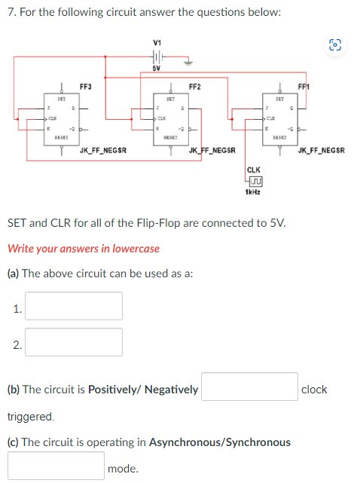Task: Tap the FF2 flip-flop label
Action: [x=194, y=87]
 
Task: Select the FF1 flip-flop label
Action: [x=306, y=87]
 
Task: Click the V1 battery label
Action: [x=157, y=41]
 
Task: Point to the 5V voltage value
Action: [x=157, y=69]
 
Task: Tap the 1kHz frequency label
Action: [x=253, y=192]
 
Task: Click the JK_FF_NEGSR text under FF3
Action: [x=103, y=151]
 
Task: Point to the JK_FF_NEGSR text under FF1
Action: [x=322, y=151]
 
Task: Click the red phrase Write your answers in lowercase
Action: [x=83, y=248]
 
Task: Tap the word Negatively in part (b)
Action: [x=171, y=390]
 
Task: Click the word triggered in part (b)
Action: [x=31, y=416]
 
